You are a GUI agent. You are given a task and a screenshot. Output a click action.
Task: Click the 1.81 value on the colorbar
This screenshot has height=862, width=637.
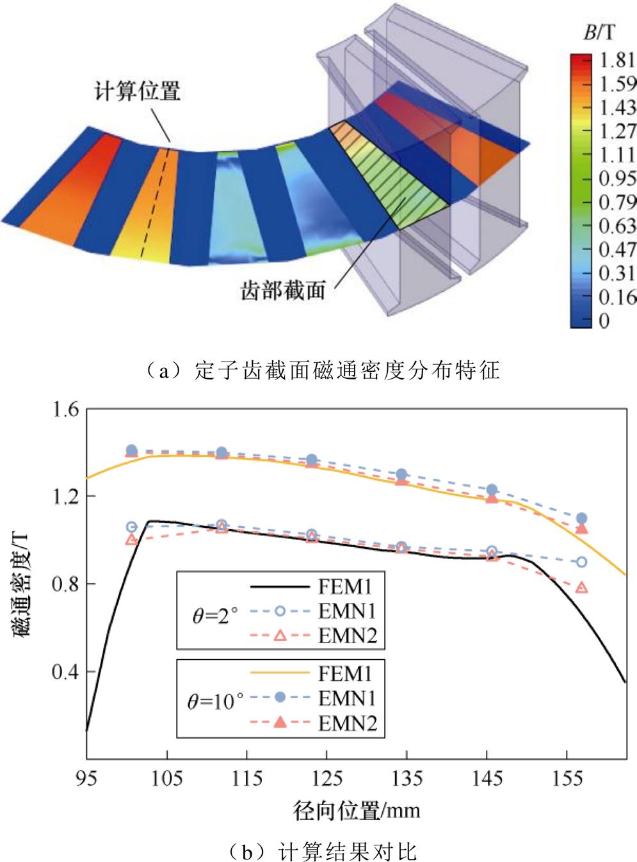pos(618,61)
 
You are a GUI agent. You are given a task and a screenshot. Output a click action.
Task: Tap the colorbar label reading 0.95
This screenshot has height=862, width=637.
pos(618,178)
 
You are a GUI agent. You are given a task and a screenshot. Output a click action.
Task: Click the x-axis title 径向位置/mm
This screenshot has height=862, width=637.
pos(357,811)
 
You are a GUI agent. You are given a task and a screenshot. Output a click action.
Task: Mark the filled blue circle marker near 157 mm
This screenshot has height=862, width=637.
pos(581,518)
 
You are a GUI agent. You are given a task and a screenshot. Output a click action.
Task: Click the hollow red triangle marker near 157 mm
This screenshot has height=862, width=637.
pos(581,587)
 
